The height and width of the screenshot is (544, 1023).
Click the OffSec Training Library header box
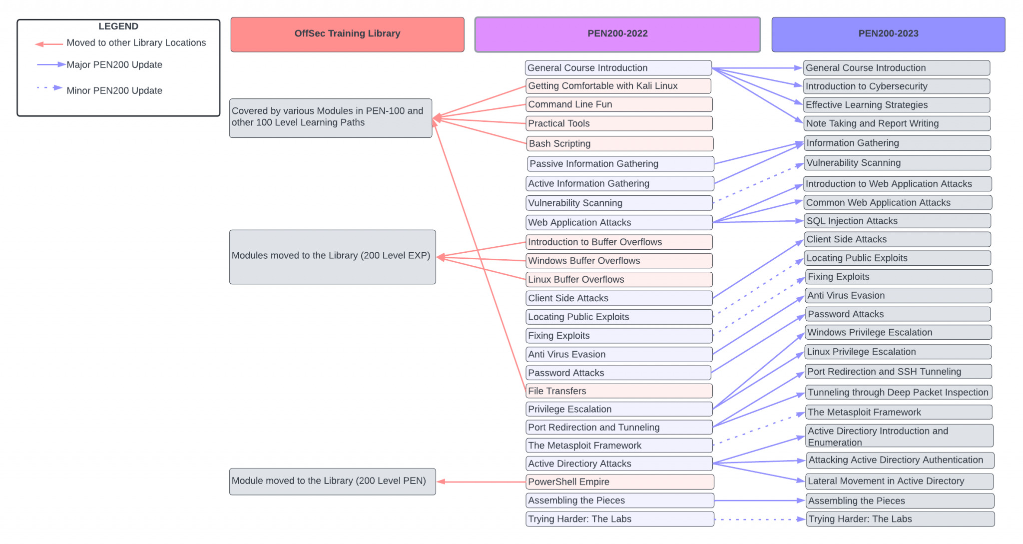pos(347,34)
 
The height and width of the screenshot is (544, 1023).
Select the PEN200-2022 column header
pos(617,34)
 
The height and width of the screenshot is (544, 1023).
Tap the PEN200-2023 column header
pos(888,34)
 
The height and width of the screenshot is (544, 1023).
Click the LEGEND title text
pos(118,26)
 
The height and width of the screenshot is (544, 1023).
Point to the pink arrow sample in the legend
pos(49,44)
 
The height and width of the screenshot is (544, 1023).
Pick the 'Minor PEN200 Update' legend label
pos(114,90)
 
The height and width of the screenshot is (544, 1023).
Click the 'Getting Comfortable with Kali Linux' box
pos(618,86)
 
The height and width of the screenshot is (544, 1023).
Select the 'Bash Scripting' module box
pos(619,144)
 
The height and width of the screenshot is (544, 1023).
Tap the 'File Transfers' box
pos(619,391)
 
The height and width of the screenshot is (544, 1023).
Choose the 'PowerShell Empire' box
pos(620,482)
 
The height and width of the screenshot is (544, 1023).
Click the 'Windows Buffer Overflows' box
pos(619,261)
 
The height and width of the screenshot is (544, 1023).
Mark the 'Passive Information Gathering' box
pos(620,164)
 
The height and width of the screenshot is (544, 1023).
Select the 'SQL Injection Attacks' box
pos(898,221)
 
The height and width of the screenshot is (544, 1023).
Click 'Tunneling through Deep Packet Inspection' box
pos(899,392)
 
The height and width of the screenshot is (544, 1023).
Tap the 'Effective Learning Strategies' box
pos(897,105)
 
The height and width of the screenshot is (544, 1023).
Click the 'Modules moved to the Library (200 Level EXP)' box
pos(333,257)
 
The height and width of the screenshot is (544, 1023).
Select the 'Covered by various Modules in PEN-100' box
pos(331,118)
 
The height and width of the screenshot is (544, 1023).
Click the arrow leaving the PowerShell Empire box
pos(482,482)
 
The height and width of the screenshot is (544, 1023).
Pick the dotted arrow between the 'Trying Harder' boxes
pos(760,520)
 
